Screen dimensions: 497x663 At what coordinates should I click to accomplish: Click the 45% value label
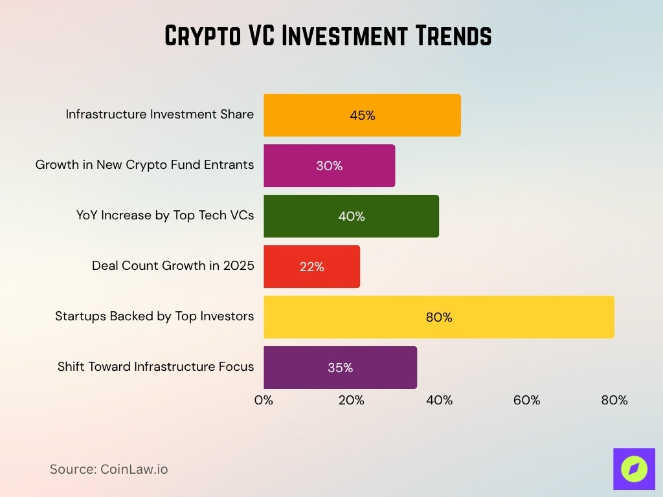coord(363,116)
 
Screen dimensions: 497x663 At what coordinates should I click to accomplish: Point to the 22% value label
coord(311,267)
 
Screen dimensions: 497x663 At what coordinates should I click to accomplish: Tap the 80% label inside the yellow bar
coord(439,317)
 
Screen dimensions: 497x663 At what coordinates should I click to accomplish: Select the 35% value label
coord(340,368)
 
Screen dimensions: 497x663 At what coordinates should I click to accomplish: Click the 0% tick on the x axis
coord(264,400)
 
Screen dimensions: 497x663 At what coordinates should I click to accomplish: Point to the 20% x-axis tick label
coord(351,400)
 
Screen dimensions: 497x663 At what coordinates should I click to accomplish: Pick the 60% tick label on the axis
coord(526,400)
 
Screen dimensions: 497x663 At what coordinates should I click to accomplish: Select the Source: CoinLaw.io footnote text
coord(109,469)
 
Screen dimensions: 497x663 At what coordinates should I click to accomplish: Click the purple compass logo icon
coord(634,469)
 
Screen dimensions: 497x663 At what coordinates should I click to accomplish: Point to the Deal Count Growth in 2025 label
coord(173,266)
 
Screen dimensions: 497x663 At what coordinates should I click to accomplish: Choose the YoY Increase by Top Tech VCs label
coord(165,215)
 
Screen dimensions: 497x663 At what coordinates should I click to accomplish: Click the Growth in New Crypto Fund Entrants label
coord(144,165)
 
